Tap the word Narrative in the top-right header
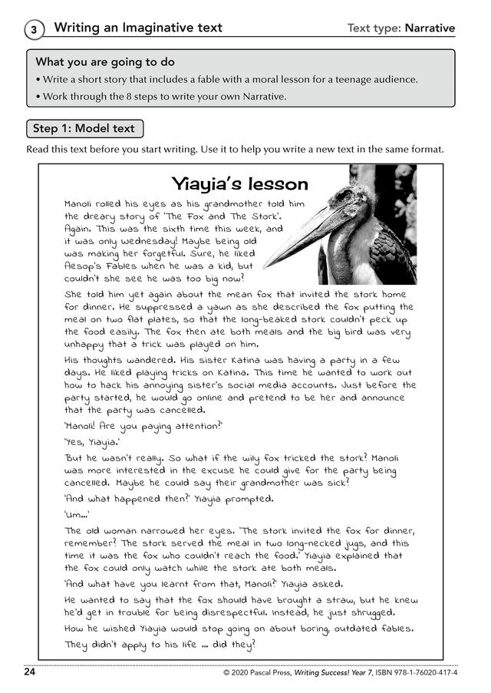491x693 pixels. [x=429, y=28]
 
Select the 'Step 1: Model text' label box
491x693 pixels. [x=84, y=128]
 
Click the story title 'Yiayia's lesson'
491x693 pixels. [x=239, y=184]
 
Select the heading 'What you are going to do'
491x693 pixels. [x=105, y=61]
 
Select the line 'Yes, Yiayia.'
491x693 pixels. [x=91, y=441]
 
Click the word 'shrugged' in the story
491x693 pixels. [x=365, y=612]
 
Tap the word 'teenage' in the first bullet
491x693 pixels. [x=354, y=79]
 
